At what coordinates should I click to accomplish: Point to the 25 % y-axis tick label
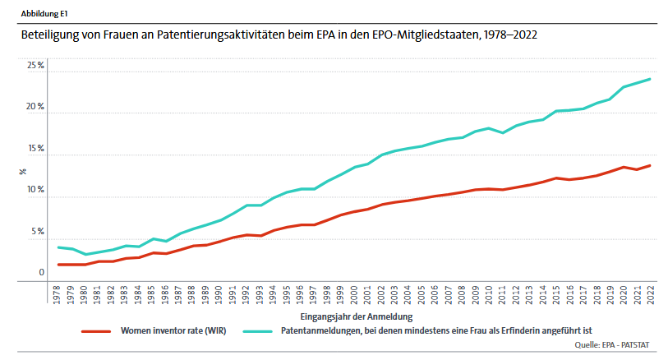click(35, 66)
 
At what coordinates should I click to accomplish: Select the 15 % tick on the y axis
click(35, 149)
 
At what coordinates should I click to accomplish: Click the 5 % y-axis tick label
click(37, 232)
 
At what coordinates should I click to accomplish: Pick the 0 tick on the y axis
click(41, 273)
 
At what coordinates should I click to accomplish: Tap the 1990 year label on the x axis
click(219, 296)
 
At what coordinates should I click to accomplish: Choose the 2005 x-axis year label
click(422, 296)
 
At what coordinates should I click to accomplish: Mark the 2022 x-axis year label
click(650, 296)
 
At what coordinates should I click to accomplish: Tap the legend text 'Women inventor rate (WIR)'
click(173, 330)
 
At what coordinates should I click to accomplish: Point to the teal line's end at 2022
click(650, 79)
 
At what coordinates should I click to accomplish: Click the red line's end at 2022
click(650, 165)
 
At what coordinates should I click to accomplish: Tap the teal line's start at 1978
click(58, 247)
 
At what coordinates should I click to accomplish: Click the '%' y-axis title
click(23, 171)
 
